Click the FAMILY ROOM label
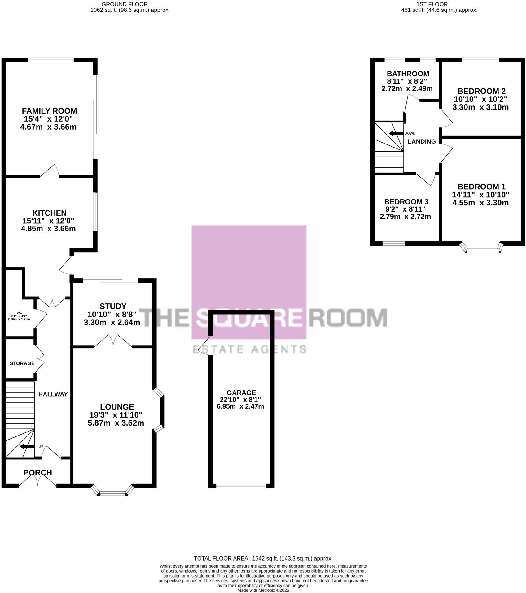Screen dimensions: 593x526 pos(49,111)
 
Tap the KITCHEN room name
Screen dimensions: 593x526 pos(49,213)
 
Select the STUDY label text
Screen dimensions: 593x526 pos(113,306)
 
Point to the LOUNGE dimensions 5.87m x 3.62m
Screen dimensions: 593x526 pos(116,423)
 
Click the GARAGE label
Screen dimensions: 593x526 pos(241,393)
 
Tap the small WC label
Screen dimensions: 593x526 pos(19,313)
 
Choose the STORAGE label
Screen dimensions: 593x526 pos(22,363)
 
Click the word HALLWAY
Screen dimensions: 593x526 pos(53,394)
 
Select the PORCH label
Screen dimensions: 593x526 pos(38,472)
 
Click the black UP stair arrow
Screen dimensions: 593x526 pos(27,446)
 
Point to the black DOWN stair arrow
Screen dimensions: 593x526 pos(396,133)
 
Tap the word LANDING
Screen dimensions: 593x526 pos(421,141)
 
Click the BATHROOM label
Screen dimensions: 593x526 pos(408,74)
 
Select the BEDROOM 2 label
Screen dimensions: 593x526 pos(481,91)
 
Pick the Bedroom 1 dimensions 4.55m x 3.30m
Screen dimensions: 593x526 pos(480,203)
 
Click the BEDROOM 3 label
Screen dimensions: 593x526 pos(406,202)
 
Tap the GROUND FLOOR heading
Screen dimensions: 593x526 pos(125,4)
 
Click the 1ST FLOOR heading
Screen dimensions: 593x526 pos(432,4)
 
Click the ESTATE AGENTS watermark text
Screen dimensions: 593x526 pos(249,349)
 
